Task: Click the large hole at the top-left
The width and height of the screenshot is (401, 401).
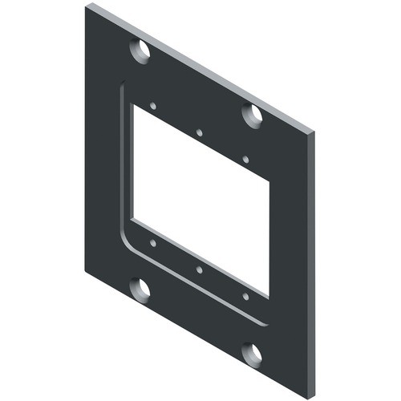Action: tap(141, 52)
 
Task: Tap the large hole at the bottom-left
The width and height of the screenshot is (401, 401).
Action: tap(141, 290)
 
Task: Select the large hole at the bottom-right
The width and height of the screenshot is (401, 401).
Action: tap(253, 354)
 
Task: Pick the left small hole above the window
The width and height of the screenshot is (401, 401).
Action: tap(152, 105)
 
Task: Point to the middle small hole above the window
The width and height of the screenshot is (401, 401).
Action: tap(198, 132)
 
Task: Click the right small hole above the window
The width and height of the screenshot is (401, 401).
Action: tap(245, 160)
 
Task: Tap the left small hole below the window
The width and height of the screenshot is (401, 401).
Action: tap(152, 241)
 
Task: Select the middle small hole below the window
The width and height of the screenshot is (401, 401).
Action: tap(198, 269)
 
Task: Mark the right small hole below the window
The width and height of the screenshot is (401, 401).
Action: tap(245, 297)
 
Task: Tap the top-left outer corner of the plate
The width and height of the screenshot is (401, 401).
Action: tap(86, 6)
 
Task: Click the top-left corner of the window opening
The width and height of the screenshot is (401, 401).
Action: tap(133, 105)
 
